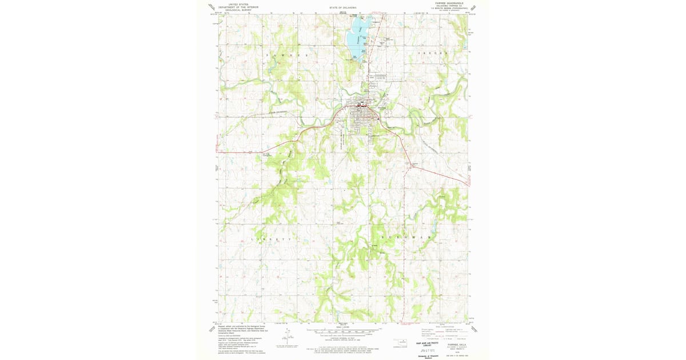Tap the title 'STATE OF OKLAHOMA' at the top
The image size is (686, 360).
coord(343,7)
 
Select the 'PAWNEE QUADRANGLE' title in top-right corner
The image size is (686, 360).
coord(451,3)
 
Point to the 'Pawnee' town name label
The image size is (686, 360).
coord(381,107)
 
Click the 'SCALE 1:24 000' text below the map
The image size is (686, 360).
coord(343,327)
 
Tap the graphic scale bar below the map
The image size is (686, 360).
coord(343,331)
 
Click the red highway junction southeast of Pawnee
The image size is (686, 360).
coord(410,166)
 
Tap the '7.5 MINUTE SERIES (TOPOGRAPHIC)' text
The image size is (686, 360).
coord(452,9)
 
